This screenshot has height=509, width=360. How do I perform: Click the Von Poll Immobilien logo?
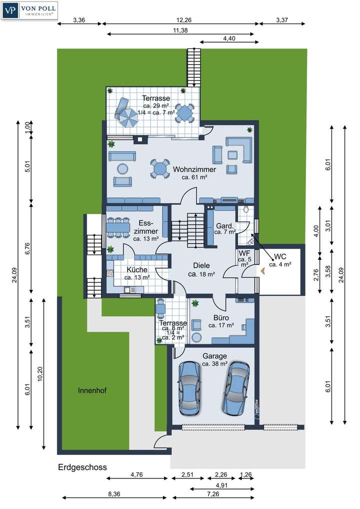click(x=30, y=10)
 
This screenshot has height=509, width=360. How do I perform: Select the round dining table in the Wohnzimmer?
click(x=160, y=169)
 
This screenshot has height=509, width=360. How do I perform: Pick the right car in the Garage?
click(x=236, y=387)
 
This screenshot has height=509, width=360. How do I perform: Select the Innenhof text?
click(x=92, y=390)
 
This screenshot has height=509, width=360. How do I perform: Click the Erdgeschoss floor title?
click(x=82, y=467)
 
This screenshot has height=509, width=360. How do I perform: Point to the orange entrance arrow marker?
click(x=261, y=270)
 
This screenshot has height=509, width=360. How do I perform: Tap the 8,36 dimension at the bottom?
click(x=113, y=494)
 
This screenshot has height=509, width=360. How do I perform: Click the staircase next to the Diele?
click(x=188, y=228)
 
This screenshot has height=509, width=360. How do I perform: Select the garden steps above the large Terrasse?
click(x=193, y=67)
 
